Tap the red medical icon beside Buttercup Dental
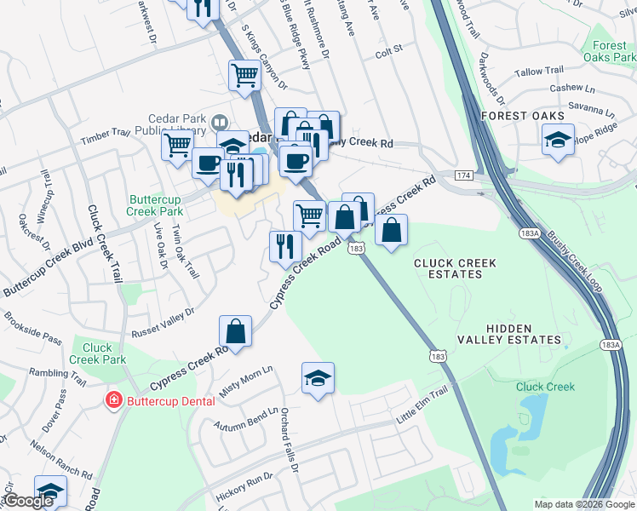tap(112, 399)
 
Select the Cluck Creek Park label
tap(98, 353)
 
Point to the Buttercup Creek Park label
tap(155, 204)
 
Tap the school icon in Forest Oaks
tap(558, 141)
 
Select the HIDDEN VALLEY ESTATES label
tap(522, 334)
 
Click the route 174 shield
tap(462, 175)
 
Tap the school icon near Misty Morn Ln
tap(318, 379)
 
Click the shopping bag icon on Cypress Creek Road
tap(235, 332)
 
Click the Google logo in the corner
tap(29, 501)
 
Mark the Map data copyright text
tap(584, 504)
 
